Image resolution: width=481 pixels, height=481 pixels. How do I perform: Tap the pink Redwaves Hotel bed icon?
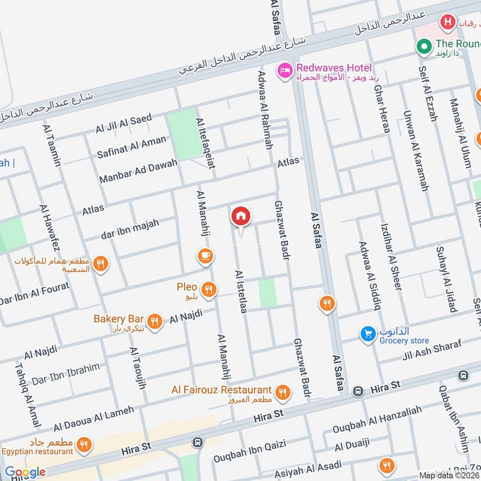(284, 71)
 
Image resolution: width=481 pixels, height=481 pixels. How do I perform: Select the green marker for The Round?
(425, 45)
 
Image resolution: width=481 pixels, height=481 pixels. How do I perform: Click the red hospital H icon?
(447, 23)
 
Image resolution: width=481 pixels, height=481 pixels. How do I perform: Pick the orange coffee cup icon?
(205, 257)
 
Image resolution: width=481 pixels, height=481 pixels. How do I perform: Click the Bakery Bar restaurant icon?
(155, 322)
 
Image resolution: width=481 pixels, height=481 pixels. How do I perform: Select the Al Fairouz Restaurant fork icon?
(283, 393)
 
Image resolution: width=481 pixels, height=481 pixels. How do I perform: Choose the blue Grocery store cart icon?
(367, 334)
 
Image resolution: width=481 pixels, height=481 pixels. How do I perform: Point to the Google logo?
(25, 472)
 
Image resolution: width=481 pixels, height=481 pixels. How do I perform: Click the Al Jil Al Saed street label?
(124, 124)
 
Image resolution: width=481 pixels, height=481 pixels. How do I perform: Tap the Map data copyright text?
(449, 475)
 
